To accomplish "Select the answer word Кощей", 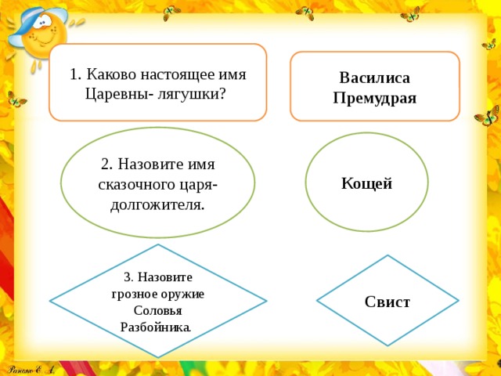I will click(x=366, y=183).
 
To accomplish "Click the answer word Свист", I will click(x=387, y=302).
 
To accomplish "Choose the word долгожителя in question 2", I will click(x=157, y=205).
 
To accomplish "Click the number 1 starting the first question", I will click(x=73, y=75).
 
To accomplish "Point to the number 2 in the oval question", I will click(x=106, y=164).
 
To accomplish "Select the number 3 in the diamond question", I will click(x=127, y=277).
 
